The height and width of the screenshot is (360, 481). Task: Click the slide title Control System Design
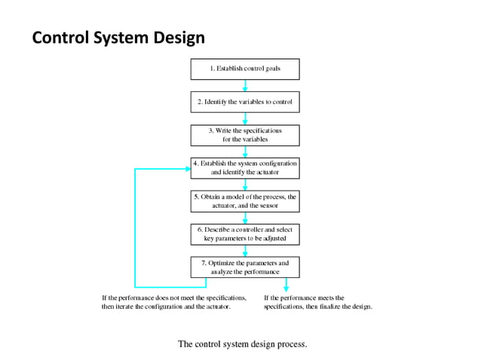point(118,37)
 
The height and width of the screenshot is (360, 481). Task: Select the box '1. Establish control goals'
point(245,69)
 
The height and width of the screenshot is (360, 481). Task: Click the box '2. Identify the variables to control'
point(245,102)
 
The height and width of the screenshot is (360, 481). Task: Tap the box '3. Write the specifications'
point(245,135)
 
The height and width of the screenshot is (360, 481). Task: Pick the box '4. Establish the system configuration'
point(245,168)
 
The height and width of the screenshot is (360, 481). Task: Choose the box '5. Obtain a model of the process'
point(245,201)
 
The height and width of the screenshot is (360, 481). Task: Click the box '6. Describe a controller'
point(245,234)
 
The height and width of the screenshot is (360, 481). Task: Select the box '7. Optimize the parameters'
point(245,267)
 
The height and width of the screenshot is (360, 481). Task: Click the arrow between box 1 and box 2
point(245,85)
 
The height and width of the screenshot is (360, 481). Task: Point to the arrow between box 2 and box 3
point(245,118)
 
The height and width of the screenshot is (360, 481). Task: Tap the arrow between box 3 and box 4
point(245,151)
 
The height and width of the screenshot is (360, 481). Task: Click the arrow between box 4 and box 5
point(245,185)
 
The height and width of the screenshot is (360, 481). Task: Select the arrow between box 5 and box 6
point(245,218)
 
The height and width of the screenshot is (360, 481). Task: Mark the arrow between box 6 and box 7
point(245,251)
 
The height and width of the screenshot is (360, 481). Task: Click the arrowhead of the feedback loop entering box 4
point(186,169)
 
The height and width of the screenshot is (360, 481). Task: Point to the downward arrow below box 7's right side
point(286,284)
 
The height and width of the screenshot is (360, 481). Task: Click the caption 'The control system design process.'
point(242,344)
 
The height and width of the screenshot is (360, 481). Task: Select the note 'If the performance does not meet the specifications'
point(174,302)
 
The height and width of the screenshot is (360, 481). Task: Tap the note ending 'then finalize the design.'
point(318,302)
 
